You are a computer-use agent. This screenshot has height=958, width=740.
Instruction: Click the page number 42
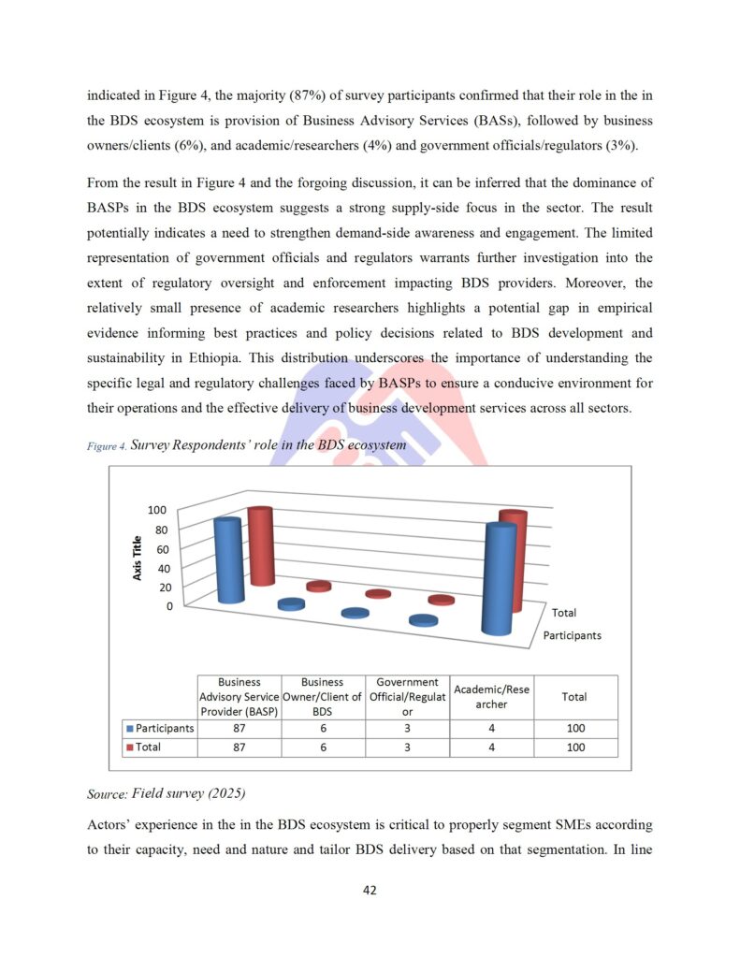pyautogui.click(x=370, y=890)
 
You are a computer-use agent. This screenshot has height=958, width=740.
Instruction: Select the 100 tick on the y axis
pyautogui.click(x=156, y=510)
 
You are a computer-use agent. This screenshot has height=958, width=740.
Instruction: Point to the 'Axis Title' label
pyautogui.click(x=138, y=558)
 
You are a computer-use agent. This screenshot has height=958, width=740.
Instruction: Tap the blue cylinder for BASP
pyautogui.click(x=229, y=561)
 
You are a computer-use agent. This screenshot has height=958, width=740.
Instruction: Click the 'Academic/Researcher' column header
pyautogui.click(x=491, y=696)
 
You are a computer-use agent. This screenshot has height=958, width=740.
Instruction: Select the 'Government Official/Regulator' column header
pyautogui.click(x=407, y=697)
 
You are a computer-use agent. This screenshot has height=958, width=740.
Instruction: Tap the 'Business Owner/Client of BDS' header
pyautogui.click(x=323, y=697)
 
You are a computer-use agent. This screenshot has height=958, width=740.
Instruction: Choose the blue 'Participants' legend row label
pyautogui.click(x=159, y=728)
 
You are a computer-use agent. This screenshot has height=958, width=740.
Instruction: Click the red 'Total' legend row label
pyautogui.click(x=150, y=747)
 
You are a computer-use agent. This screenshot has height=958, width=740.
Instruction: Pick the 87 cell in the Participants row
pyautogui.click(x=239, y=728)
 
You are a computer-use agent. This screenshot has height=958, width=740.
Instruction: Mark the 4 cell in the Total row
pyautogui.click(x=491, y=747)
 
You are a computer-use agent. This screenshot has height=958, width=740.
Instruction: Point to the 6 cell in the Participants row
pyautogui.click(x=323, y=728)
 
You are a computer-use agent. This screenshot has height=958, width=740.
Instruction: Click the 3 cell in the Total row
pyautogui.click(x=407, y=747)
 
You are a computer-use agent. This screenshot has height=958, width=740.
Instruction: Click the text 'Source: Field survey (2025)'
pyautogui.click(x=166, y=794)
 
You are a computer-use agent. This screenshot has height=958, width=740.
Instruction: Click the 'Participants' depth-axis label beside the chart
pyautogui.click(x=572, y=635)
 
